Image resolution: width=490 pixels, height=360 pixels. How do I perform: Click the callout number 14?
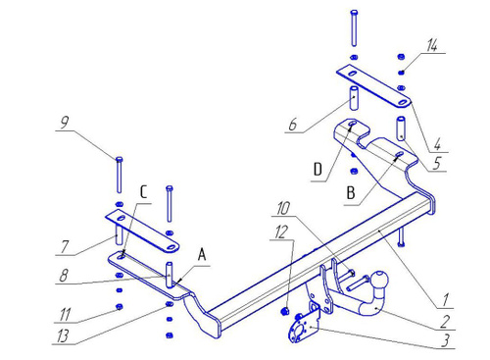(x=432, y=45)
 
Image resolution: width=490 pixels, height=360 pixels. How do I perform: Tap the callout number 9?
(x=65, y=123)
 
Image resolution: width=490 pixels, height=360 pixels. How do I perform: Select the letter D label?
(x=318, y=170)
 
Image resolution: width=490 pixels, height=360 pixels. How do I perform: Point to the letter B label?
(x=351, y=193)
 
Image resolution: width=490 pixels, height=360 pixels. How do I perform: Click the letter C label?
(x=144, y=192)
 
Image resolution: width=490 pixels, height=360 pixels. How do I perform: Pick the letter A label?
(x=202, y=255)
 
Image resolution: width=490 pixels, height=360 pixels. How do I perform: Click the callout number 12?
(x=282, y=231)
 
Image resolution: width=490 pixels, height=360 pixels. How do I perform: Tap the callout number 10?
(x=283, y=208)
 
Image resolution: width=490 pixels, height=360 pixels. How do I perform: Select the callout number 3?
(x=445, y=340)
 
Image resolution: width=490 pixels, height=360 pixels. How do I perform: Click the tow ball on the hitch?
(x=380, y=280)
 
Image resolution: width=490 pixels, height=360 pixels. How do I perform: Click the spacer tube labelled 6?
(x=354, y=97)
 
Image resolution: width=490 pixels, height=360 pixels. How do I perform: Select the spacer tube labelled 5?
(x=401, y=129)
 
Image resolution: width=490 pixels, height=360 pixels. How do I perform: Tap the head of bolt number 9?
(x=120, y=160)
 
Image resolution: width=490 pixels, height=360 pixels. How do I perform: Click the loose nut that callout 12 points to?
(x=285, y=311)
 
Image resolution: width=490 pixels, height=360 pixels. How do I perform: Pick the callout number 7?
(x=65, y=246)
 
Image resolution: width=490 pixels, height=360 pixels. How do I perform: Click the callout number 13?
(x=63, y=336)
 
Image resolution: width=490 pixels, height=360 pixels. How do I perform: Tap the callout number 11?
(x=65, y=315)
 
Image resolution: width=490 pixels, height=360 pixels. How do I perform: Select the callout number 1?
(x=445, y=299)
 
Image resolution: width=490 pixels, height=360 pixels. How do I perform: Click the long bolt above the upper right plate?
(x=354, y=28)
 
